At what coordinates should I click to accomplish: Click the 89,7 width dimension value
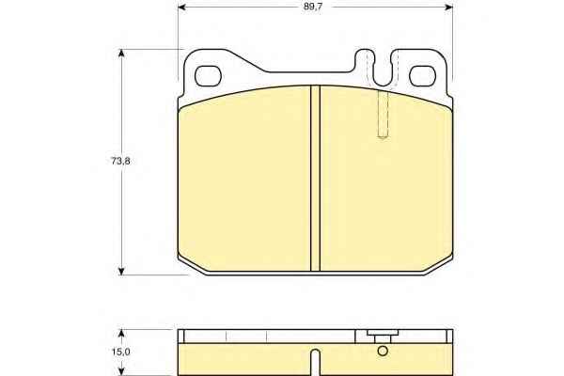tap(312, 7)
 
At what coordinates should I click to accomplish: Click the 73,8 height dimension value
tap(119, 161)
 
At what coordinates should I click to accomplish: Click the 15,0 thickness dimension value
tap(120, 352)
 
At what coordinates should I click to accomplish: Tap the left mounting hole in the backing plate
tap(207, 76)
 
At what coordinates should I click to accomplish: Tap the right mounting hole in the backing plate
tap(423, 76)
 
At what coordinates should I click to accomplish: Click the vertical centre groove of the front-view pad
tap(315, 178)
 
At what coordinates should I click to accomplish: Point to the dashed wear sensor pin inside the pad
tap(384, 114)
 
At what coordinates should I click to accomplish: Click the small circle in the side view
tap(383, 351)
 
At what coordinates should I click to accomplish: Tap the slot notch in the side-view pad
tap(316, 362)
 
